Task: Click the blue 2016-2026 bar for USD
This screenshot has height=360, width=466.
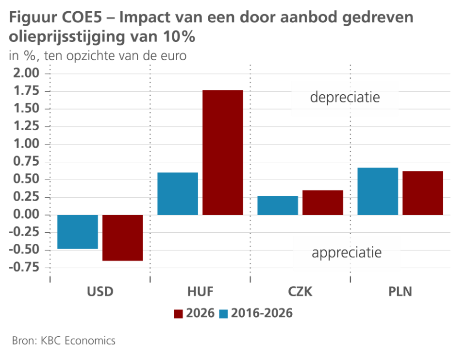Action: [x=78, y=232]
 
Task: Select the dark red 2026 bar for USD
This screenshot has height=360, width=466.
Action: [x=123, y=238]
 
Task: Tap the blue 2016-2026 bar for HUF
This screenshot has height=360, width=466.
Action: [x=178, y=193]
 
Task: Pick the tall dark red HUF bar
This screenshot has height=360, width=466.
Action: [x=223, y=153]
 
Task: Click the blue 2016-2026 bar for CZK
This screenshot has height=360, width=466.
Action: [x=278, y=205]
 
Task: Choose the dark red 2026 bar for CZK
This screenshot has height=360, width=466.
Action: [x=323, y=202]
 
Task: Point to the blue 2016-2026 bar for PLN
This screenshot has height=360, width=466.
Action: [x=378, y=191]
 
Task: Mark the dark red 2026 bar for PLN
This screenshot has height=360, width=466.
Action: [x=423, y=193]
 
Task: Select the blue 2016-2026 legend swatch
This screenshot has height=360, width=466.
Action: [x=223, y=313]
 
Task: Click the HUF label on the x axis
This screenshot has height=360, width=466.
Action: [x=200, y=292]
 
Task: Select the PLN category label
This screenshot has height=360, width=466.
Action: [x=401, y=292]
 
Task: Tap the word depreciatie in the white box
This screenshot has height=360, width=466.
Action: [x=345, y=98]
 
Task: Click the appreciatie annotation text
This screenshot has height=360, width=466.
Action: [x=347, y=253]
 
